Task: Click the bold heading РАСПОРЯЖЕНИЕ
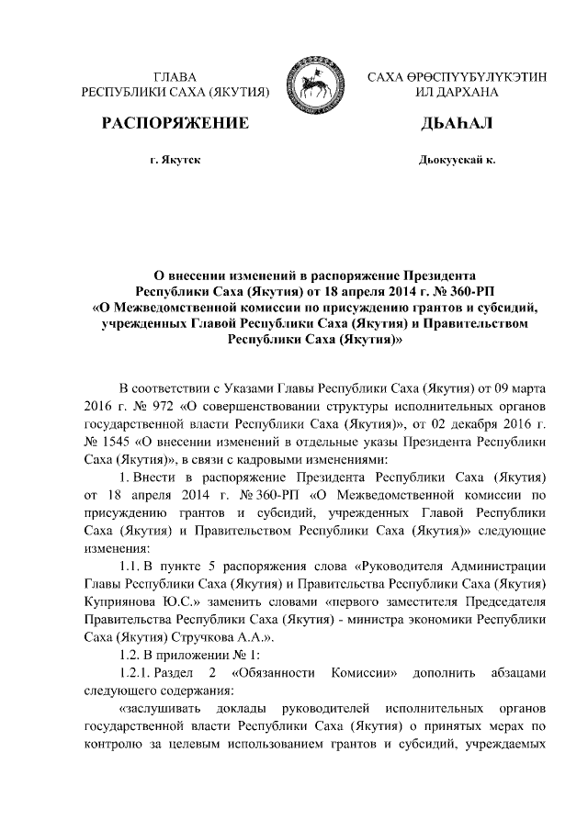pyautogui.click(x=175, y=123)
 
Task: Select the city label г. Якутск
pyautogui.click(x=175, y=161)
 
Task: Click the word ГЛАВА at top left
pyautogui.click(x=175, y=77)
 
